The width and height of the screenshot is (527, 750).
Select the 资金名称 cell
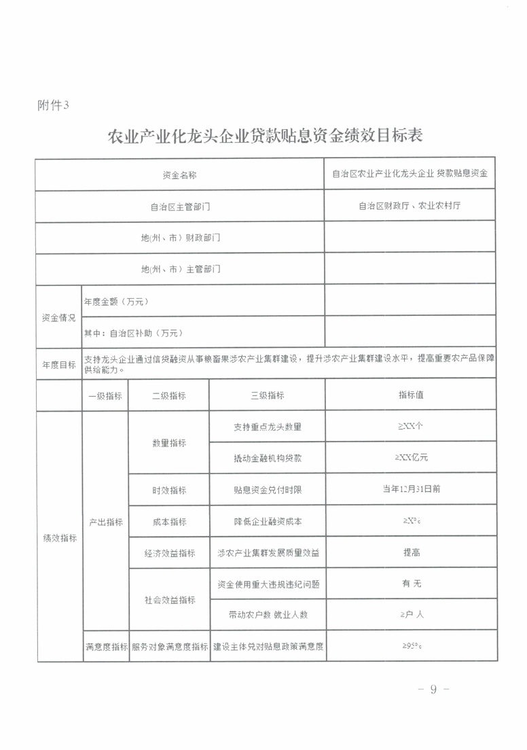tap(180, 175)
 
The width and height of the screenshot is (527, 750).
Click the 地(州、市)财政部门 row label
tap(180, 238)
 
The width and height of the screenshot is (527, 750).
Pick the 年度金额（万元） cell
tap(115, 301)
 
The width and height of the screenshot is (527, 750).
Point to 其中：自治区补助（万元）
tap(133, 333)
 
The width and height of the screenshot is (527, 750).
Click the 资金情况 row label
tap(59, 317)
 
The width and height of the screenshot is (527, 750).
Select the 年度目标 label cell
tap(59, 364)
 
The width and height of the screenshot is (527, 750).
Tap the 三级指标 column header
tap(267, 395)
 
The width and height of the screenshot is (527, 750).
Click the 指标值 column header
tap(411, 395)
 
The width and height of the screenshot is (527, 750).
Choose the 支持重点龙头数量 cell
tap(267, 427)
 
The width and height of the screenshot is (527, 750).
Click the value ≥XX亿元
tap(411, 458)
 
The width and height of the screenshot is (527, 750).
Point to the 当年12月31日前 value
tap(411, 489)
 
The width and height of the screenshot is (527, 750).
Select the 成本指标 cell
tap(169, 521)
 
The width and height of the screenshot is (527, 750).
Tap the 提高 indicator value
tap(411, 552)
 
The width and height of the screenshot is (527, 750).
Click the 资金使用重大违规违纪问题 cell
tap(267, 584)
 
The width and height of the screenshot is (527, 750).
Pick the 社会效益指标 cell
tap(169, 600)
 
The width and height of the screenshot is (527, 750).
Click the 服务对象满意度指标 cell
tap(169, 646)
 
